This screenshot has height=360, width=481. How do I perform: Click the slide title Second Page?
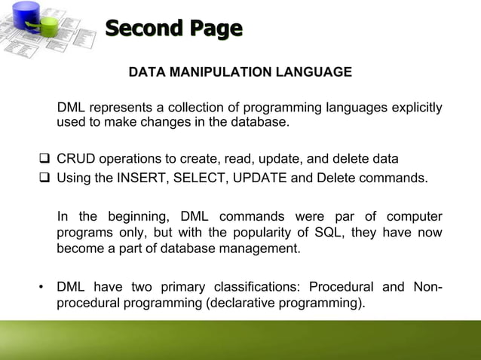pos(173,29)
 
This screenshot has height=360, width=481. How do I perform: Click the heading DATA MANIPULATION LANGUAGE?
pos(240,72)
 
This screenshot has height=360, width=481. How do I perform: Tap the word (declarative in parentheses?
pos(230,304)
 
